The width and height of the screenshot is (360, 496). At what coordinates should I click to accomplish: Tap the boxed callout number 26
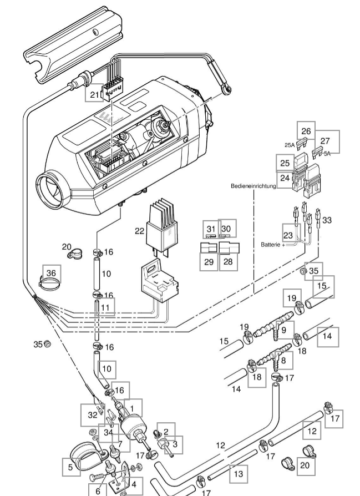pos(305,131)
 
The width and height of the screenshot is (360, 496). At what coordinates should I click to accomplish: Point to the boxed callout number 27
pos(325,141)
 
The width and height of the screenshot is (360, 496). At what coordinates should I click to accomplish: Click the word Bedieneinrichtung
pos(253,186)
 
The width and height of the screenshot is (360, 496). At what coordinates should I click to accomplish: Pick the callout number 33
pos(327,220)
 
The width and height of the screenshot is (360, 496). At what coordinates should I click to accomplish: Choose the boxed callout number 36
pos(51,273)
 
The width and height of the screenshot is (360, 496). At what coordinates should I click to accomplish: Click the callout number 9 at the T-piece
pos(283,330)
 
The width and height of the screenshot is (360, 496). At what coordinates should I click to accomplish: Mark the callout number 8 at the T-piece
pos(283,360)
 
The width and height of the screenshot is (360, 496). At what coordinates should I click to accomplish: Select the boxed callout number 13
pos(238,474)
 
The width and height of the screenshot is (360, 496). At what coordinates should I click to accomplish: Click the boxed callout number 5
pos(70,467)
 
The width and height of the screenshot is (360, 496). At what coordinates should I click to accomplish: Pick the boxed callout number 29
pos(209,261)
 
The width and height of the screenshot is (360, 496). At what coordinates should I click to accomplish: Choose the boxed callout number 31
pos(210,229)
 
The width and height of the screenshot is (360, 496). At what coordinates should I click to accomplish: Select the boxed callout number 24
pos(285,178)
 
